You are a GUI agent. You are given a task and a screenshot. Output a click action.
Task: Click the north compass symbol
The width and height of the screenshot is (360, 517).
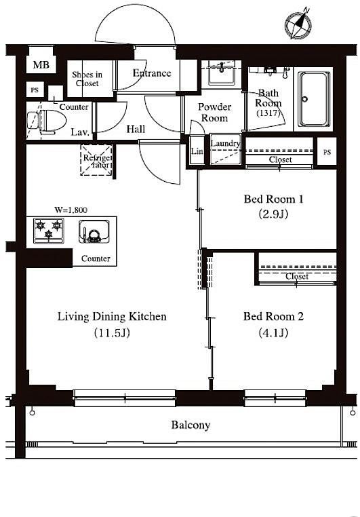click(298, 24)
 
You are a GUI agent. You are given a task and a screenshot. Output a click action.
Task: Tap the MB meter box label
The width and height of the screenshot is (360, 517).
click(41, 64)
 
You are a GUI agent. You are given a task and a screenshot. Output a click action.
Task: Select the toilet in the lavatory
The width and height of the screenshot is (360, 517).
click(47, 121)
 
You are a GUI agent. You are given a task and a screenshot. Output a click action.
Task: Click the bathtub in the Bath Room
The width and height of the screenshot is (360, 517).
click(313, 99)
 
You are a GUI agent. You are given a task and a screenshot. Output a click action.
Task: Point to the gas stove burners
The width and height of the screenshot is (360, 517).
click(49, 231)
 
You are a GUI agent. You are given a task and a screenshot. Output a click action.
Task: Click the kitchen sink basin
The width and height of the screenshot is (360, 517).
click(94, 231)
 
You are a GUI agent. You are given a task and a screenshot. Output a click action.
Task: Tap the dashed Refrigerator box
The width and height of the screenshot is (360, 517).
click(96, 160)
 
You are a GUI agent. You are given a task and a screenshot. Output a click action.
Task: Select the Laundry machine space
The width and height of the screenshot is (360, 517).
click(225, 149)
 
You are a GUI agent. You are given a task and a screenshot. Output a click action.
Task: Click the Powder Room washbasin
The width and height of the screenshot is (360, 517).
click(222, 73)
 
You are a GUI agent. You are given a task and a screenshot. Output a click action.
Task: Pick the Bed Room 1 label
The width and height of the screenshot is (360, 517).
click(273, 199)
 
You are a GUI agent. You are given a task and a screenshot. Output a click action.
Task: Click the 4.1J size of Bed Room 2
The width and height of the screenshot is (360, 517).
click(273, 332)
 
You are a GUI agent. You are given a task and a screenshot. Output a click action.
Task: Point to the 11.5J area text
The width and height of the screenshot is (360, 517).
click(112, 332)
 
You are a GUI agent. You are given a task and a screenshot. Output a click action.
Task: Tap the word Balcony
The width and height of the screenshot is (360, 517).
click(191, 425)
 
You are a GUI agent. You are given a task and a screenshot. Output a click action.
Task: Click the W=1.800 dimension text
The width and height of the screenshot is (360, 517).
click(71, 210)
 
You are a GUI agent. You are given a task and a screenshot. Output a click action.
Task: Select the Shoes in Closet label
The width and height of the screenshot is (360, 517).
click(87, 79)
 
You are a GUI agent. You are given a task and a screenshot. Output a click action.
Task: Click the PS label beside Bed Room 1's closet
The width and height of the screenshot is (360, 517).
click(327, 153)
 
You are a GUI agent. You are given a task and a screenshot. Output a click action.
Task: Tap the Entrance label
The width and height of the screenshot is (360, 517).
click(152, 73)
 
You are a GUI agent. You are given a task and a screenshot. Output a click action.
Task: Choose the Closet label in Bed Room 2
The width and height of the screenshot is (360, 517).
click(297, 276)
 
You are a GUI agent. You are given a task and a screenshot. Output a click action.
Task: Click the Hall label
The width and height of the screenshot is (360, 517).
click(136, 129)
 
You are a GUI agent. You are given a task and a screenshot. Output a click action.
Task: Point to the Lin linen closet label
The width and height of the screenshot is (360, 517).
click(197, 151)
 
